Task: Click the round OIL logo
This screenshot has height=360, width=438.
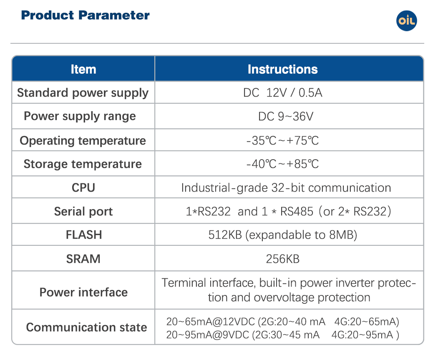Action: point(406,21)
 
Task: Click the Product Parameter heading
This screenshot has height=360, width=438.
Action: point(85,15)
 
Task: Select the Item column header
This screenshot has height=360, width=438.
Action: point(83,69)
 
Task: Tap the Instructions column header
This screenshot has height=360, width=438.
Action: point(283,69)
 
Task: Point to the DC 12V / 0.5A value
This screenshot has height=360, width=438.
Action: point(283,92)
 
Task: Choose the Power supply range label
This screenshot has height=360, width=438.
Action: point(80,117)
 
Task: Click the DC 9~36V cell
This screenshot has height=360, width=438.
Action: point(286,116)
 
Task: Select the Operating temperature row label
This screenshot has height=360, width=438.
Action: point(83,141)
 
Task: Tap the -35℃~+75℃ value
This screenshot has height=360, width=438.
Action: point(283,141)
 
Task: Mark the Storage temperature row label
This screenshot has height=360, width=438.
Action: point(83,164)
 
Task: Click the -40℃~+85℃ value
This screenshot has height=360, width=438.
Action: point(283,164)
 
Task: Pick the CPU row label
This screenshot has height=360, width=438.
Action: point(83,187)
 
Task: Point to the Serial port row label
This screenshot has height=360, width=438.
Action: point(83,212)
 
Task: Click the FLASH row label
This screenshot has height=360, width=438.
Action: point(84,235)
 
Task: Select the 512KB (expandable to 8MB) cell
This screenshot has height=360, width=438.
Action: point(283,235)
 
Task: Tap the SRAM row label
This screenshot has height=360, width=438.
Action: point(83,259)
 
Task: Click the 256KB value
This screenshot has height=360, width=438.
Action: point(283,259)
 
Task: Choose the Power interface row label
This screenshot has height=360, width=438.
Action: point(83,292)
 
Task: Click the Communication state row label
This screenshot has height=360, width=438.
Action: point(87,327)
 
